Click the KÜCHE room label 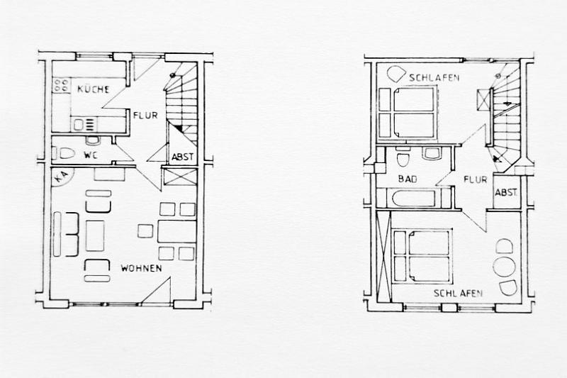pyautogui.click(x=93, y=89)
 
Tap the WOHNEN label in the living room pyautogui.click(x=141, y=268)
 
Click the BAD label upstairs pyautogui.click(x=408, y=179)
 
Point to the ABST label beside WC pyautogui.click(x=183, y=157)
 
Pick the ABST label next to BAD pyautogui.click(x=506, y=192)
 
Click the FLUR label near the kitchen pyautogui.click(x=145, y=116)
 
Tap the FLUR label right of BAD pyautogui.click(x=476, y=179)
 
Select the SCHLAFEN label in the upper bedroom pyautogui.click(x=434, y=77)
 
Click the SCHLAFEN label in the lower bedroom pyautogui.click(x=458, y=293)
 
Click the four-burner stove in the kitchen pyautogui.click(x=61, y=85)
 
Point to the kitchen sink pyautogui.click(x=84, y=125)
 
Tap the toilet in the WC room pyautogui.click(x=66, y=154)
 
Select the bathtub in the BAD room pyautogui.click(x=413, y=199)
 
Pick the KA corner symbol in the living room pyautogui.click(x=62, y=177)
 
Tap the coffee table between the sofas pyautogui.click(x=95, y=236)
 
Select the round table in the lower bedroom pyautogui.click(x=504, y=267)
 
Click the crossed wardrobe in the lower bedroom pyautogui.click(x=383, y=257)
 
